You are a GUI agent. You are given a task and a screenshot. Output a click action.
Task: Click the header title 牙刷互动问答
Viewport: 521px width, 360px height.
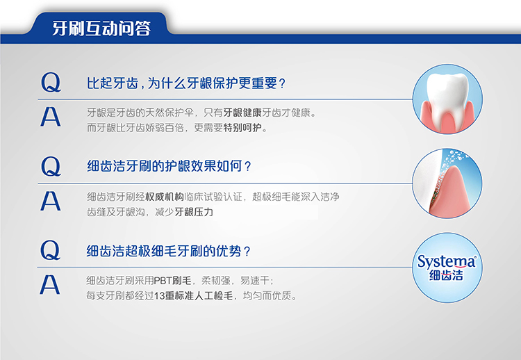coord(101,28)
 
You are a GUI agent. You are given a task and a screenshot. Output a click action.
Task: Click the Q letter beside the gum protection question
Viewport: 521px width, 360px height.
coord(51,83)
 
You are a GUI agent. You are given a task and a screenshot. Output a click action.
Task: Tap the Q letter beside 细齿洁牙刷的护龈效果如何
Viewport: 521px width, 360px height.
coord(51,166)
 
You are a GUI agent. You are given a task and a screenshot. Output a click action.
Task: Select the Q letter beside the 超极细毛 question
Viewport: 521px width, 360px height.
coord(50,250)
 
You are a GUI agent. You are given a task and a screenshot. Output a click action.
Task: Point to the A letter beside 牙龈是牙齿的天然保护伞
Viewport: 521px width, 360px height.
coord(51,117)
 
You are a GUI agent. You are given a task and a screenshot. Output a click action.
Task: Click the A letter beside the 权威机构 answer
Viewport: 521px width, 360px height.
coord(51,201)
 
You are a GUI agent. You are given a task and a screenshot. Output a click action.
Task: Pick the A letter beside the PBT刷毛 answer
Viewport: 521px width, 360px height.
coord(50,285)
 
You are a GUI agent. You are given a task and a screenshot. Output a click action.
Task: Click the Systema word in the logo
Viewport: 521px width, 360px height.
coord(447,262)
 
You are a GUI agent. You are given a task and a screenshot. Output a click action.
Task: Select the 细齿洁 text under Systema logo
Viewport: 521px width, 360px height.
coord(446,276)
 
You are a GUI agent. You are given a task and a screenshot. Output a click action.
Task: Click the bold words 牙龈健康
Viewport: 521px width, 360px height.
coord(242,113)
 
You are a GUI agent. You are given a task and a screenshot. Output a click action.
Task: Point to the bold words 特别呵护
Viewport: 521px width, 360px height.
coord(242,128)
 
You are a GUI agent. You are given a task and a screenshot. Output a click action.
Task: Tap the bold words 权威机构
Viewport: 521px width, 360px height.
coord(165,197)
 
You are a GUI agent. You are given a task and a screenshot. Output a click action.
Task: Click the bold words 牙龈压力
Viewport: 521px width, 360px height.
coord(194,212)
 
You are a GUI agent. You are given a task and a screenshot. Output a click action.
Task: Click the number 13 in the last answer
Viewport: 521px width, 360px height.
coord(160,296)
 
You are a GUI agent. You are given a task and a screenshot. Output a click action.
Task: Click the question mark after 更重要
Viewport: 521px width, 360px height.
coord(283,84)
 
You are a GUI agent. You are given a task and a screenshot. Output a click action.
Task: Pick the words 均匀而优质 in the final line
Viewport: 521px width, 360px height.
coord(270,295)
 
